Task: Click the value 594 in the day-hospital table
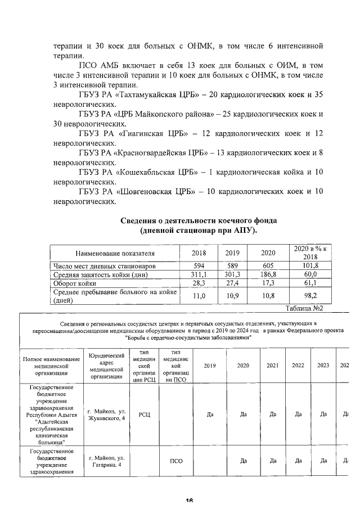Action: pos(199,265)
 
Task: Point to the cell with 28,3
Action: pos(199,283)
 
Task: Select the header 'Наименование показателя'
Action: pos(115,253)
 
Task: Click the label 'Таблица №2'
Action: pos(304,308)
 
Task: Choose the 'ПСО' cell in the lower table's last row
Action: pos(177,461)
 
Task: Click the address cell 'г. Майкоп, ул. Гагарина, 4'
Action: pos(106,461)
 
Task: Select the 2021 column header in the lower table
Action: pos(273,366)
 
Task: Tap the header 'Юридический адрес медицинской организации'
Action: pos(106,366)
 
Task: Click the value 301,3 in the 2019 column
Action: pos(232,274)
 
